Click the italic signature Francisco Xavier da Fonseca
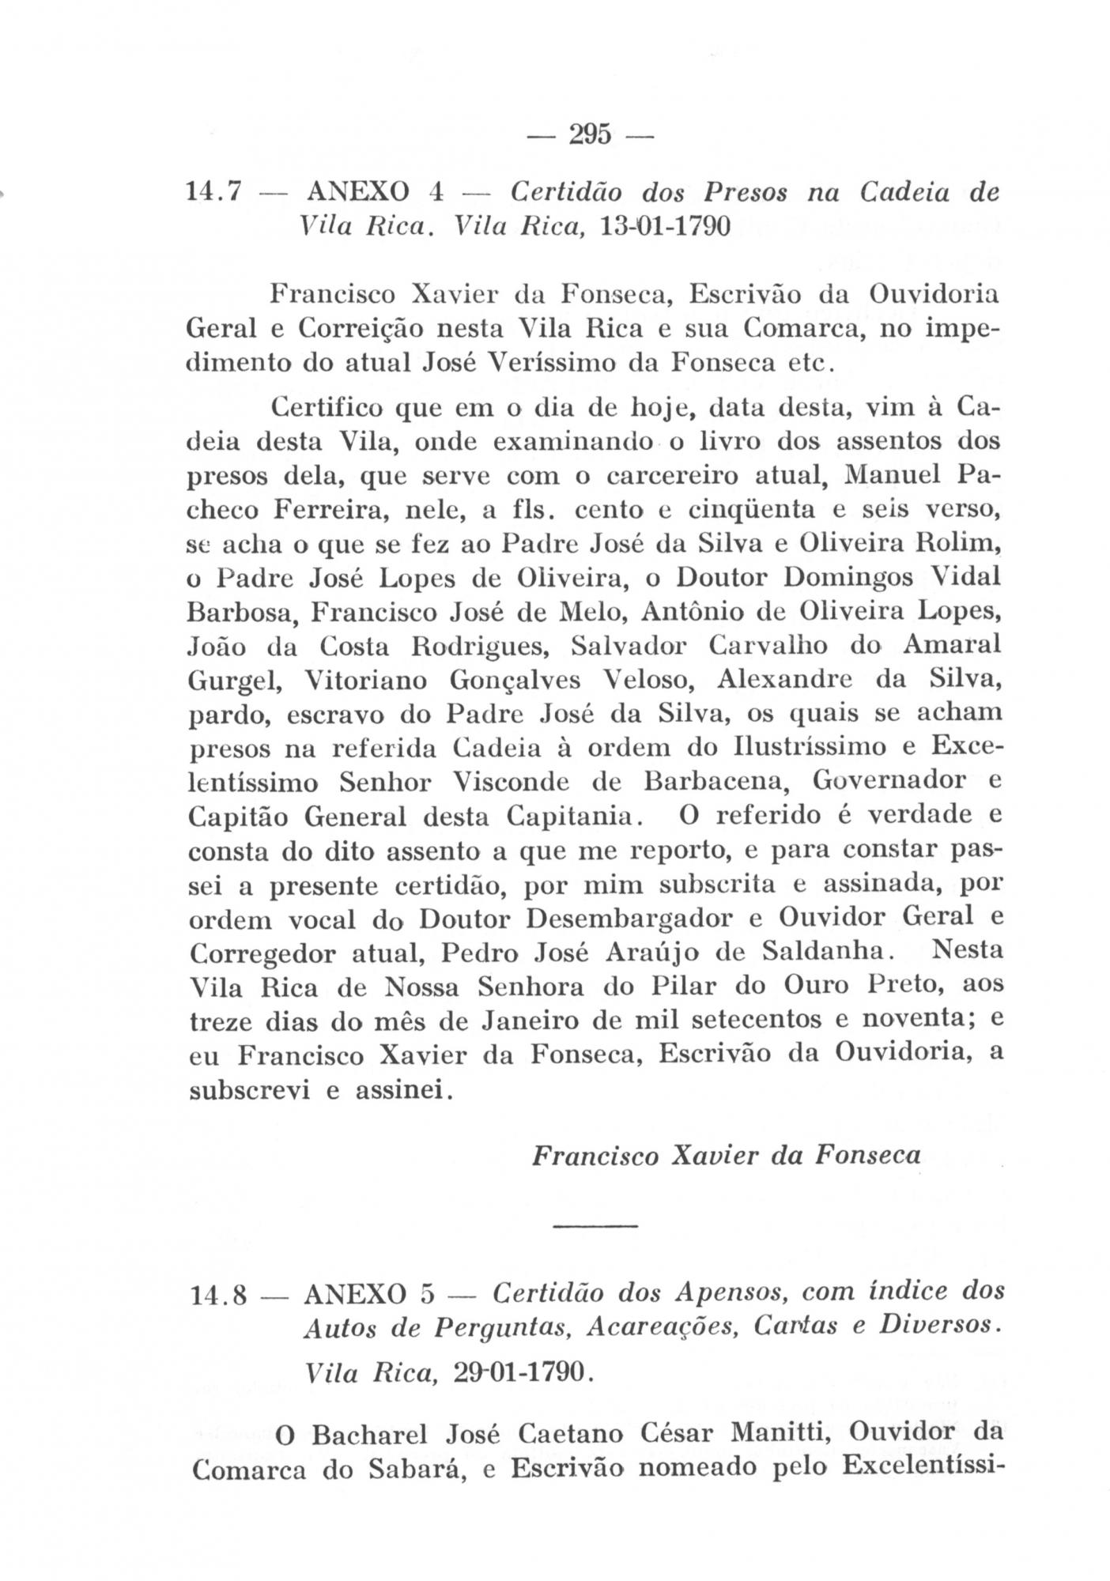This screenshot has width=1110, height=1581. click(x=727, y=1156)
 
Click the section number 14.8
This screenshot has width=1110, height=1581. click(x=220, y=1297)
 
